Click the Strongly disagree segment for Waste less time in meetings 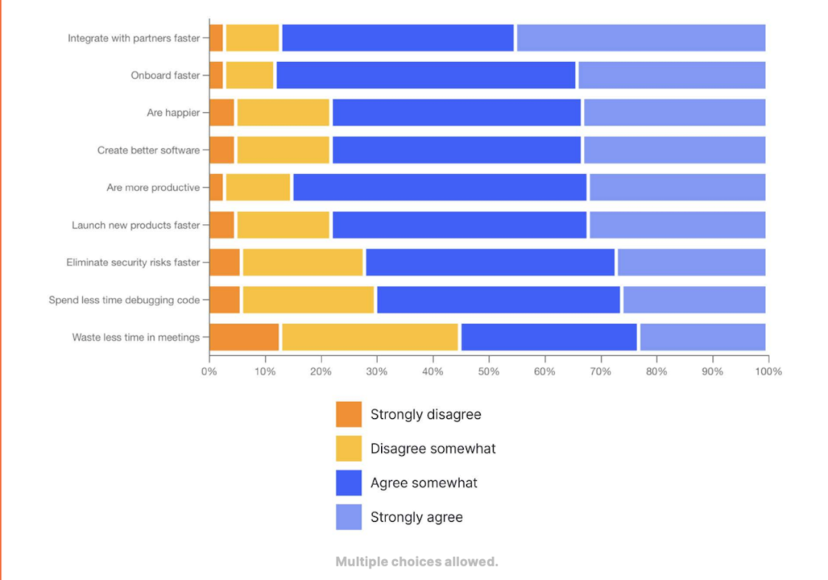click(245, 337)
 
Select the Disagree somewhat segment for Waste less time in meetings click(370, 337)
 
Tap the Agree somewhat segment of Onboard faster click(426, 75)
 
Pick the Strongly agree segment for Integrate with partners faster click(641, 38)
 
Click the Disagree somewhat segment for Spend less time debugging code click(308, 300)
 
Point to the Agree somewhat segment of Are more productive click(439, 187)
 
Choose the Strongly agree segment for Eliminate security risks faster click(692, 262)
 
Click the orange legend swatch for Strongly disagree click(349, 414)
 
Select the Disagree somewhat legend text click(432, 449)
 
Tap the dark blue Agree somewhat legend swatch click(349, 483)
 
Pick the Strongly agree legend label click(416, 517)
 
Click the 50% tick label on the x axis click(489, 372)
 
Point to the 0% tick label click(209, 372)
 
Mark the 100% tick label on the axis click(768, 372)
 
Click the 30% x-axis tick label click(376, 372)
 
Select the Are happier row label click(173, 113)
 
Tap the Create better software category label click(148, 150)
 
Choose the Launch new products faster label click(136, 226)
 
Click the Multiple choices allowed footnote click(416, 562)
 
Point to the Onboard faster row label click(165, 75)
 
